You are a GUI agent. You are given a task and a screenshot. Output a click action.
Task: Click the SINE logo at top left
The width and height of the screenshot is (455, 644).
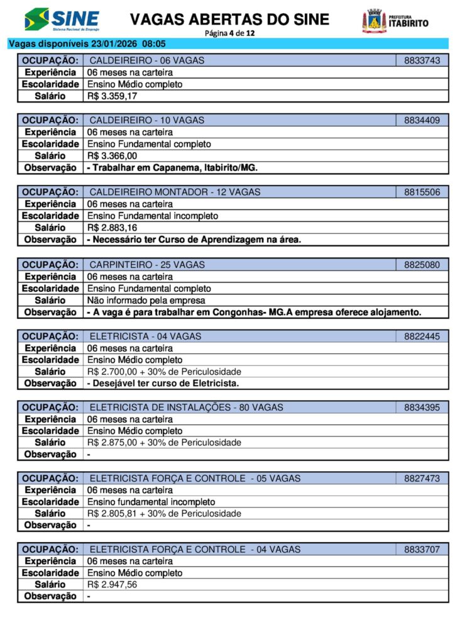62,19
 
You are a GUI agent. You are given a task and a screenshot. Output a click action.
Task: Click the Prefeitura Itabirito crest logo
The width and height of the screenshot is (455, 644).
374,21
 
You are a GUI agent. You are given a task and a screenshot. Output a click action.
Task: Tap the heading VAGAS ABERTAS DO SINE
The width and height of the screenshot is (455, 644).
229,19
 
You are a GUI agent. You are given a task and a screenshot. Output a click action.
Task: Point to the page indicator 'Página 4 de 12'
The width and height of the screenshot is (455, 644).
229,33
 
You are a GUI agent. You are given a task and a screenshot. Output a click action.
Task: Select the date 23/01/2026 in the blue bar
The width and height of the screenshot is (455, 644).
114,44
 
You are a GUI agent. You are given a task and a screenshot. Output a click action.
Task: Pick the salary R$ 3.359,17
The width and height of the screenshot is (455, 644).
112,96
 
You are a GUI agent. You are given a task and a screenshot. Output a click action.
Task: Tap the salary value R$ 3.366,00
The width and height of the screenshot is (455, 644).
112,156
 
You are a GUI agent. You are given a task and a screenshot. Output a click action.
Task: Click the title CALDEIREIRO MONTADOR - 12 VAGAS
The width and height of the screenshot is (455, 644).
175,192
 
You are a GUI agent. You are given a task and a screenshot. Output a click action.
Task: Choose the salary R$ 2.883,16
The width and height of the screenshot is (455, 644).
112,228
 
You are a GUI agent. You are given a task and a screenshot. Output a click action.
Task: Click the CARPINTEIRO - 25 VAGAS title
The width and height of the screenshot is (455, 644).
147,265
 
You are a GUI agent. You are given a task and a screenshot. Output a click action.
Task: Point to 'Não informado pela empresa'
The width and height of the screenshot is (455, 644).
146,300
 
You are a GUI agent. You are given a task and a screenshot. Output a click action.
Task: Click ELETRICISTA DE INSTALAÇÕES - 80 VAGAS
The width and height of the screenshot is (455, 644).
186,408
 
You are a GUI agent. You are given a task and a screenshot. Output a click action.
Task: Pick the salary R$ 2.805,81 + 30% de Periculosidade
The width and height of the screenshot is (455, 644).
164,514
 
